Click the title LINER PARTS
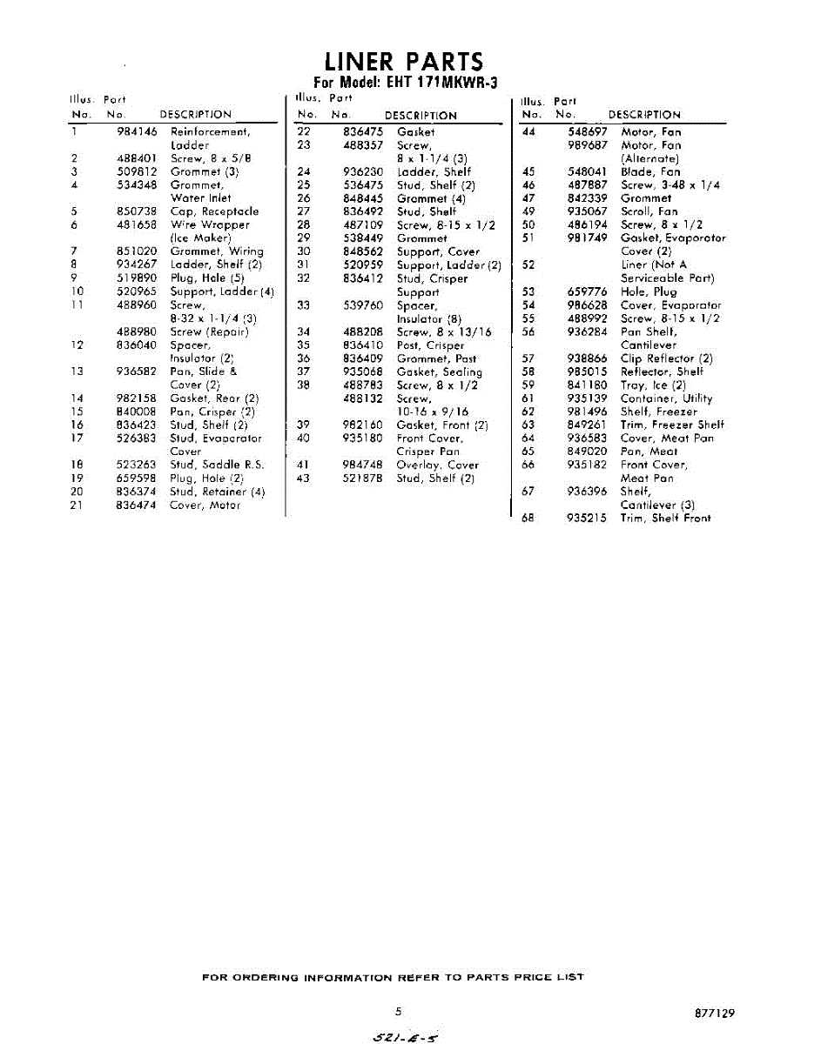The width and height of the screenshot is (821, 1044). pos(403,62)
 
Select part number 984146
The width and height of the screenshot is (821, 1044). pos(137,132)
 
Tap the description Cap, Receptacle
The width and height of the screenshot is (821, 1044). pos(214,211)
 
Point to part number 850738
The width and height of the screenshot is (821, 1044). pos(137,211)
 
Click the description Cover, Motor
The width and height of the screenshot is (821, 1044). pos(205,505)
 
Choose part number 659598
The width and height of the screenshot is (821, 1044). pos(137,478)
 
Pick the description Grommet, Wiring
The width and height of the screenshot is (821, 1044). pos(216,251)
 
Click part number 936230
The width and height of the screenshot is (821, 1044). pos(363,172)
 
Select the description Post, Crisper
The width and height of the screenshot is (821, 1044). pos(430,345)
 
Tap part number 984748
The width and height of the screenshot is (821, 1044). pos(363,465)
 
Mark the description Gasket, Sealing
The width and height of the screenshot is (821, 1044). pos(439,372)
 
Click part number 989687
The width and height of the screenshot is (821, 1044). pos(588,145)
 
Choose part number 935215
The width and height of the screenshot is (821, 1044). pos(588,519)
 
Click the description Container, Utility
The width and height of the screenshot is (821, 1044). pos(666,398)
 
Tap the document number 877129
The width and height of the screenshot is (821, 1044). pos(715,1014)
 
